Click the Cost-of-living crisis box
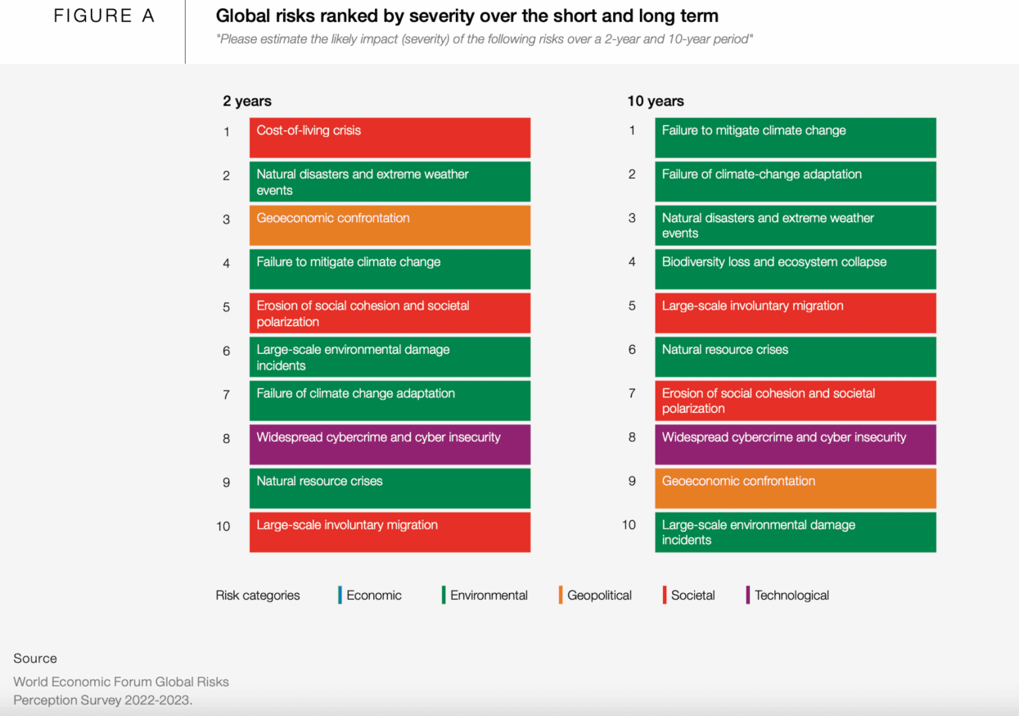(390, 138)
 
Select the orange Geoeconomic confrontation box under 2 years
(390, 225)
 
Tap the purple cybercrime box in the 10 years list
(795, 444)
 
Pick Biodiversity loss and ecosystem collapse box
(795, 269)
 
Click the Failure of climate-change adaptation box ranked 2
(795, 181)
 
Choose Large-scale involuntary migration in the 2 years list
(390, 532)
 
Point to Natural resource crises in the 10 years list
(795, 356)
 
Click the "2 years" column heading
(246, 102)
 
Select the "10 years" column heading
(655, 102)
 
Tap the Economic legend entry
(373, 596)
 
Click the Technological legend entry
(791, 596)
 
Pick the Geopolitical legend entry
(599, 596)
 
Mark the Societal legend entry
(692, 596)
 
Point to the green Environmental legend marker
(444, 596)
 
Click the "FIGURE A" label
(104, 16)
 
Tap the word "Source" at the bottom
(35, 659)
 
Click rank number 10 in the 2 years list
(223, 526)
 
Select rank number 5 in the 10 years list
(632, 306)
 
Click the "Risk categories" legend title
(258, 596)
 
